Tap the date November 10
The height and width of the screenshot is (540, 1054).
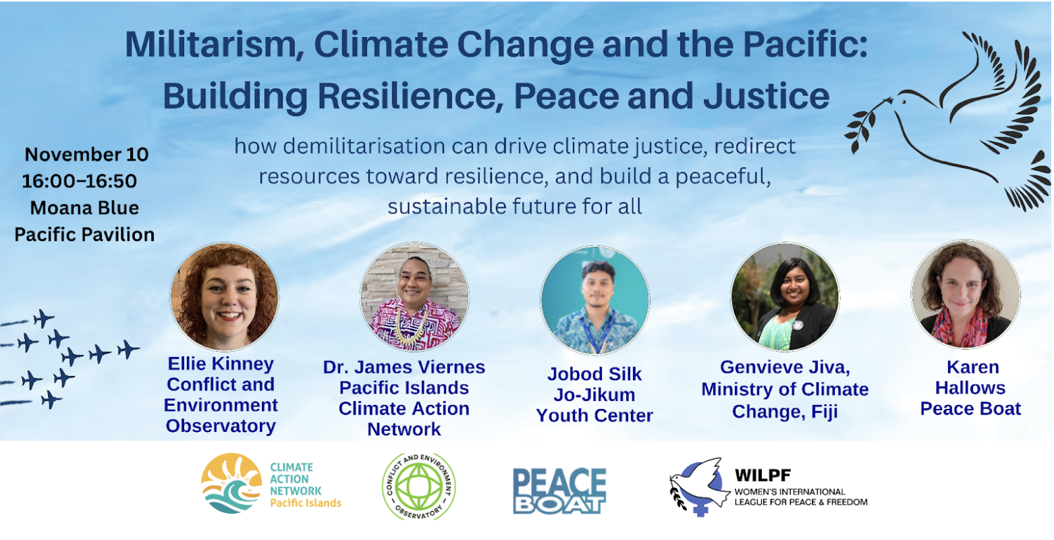click(x=86, y=155)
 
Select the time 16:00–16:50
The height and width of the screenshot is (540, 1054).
click(x=80, y=181)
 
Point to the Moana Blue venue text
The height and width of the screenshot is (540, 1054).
click(x=85, y=208)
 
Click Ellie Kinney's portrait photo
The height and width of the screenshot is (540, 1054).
click(x=224, y=296)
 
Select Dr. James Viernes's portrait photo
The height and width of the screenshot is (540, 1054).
click(x=414, y=296)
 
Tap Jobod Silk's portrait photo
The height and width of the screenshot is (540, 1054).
click(x=595, y=300)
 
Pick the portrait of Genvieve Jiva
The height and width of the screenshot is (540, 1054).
click(x=785, y=297)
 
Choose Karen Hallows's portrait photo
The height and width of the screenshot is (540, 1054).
click(x=966, y=294)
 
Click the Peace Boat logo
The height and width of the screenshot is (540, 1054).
click(x=559, y=491)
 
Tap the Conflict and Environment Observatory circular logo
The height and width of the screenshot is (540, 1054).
click(x=419, y=486)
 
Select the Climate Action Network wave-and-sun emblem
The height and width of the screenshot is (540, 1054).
click(x=231, y=483)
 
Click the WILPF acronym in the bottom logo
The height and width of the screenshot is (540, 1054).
click(x=762, y=475)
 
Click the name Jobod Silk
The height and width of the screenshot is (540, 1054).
click(x=594, y=374)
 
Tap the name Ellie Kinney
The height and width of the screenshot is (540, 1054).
click(x=221, y=364)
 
